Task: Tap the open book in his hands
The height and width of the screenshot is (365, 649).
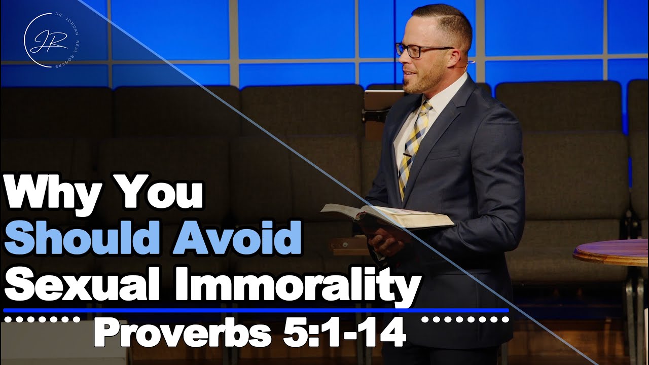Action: [388, 215]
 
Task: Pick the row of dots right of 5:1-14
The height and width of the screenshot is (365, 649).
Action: [465, 320]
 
